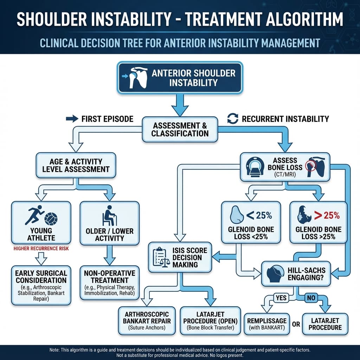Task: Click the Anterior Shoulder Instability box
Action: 180,78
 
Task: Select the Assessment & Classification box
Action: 180,129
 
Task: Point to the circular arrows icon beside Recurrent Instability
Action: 232,119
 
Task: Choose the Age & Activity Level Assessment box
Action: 76,165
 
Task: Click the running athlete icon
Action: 34,215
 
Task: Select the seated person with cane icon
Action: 109,216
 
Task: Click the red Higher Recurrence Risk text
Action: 40,249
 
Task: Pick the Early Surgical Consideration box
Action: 41,283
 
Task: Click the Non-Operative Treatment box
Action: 109,283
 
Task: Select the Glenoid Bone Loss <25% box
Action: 251,223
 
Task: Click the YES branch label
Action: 281,298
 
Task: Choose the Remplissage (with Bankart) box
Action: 266,323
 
